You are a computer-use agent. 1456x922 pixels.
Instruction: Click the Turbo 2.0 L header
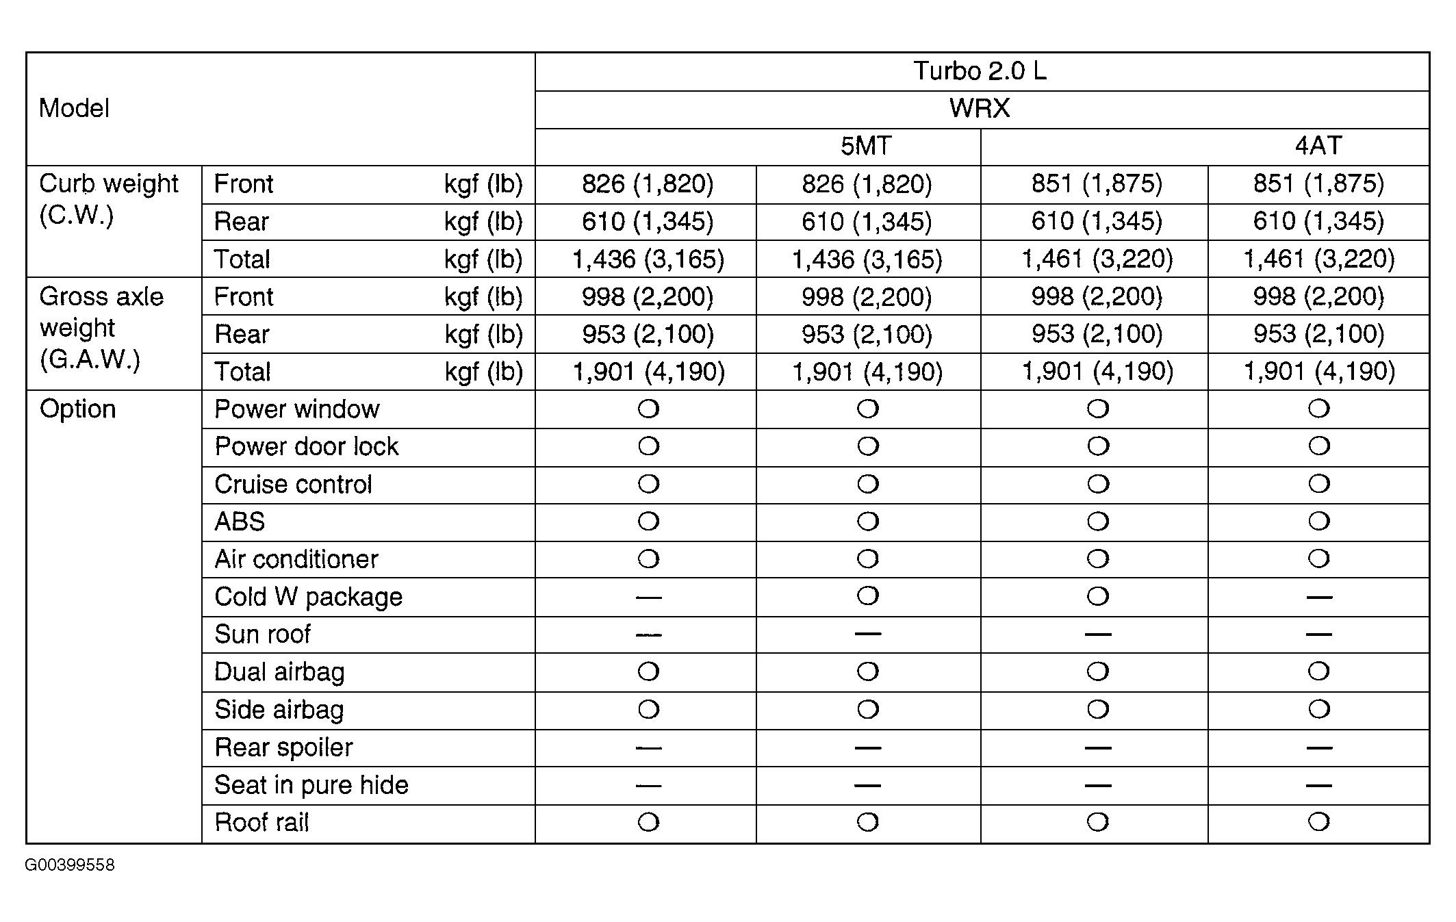pyautogui.click(x=980, y=71)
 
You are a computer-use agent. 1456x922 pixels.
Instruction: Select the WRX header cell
pyautogui.click(x=980, y=109)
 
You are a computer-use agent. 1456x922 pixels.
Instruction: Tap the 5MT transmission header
pyautogui.click(x=866, y=146)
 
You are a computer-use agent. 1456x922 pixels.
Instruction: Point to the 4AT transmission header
pyautogui.click(x=1318, y=146)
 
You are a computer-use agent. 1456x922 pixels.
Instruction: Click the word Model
pyautogui.click(x=74, y=108)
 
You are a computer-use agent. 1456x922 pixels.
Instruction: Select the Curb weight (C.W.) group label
pyautogui.click(x=109, y=199)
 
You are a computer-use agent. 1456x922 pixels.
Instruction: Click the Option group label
pyautogui.click(x=77, y=409)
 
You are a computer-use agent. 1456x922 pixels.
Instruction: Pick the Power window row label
pyautogui.click(x=296, y=409)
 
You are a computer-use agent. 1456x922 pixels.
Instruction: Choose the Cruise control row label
pyautogui.click(x=293, y=484)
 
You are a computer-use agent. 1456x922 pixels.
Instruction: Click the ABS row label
pyautogui.click(x=240, y=522)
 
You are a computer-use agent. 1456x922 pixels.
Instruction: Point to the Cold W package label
pyautogui.click(x=308, y=597)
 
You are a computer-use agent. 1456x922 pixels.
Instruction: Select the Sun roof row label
pyautogui.click(x=262, y=635)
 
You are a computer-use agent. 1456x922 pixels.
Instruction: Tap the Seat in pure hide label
pyautogui.click(x=311, y=784)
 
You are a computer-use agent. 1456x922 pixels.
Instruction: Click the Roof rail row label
pyautogui.click(x=261, y=822)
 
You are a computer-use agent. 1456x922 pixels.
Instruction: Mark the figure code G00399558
pyautogui.click(x=70, y=865)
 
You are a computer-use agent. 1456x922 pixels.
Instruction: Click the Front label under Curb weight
pyautogui.click(x=243, y=183)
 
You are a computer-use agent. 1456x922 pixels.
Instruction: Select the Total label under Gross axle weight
pyautogui.click(x=242, y=372)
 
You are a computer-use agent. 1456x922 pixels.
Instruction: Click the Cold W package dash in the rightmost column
pyautogui.click(x=1318, y=598)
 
